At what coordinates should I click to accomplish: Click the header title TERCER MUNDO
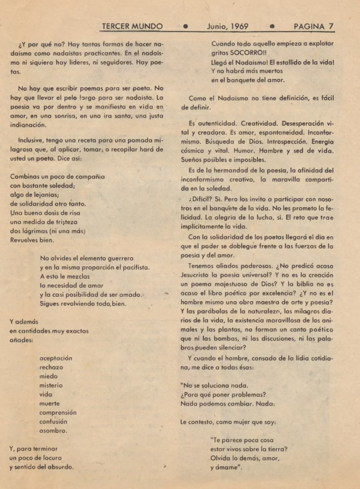pyautogui.click(x=132, y=26)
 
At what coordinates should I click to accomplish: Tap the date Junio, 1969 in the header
pyautogui.click(x=227, y=26)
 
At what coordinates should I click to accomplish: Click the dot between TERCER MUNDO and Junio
pyautogui.click(x=185, y=27)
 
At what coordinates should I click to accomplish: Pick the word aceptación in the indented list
pyautogui.click(x=56, y=358)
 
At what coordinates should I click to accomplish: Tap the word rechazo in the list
pyautogui.click(x=51, y=367)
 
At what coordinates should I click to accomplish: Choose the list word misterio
pyautogui.click(x=51, y=385)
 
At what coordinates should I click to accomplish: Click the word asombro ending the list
pyautogui.click(x=53, y=431)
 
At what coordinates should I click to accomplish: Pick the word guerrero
pyautogui.click(x=116, y=258)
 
